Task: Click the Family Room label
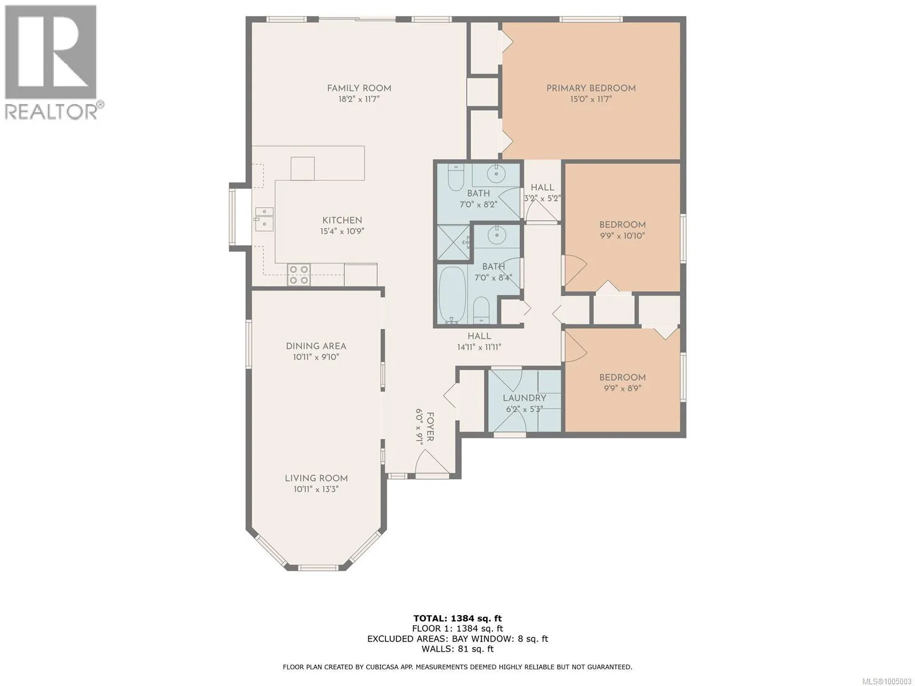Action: (359, 88)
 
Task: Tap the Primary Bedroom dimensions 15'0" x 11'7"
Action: (591, 99)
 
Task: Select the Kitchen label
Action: (342, 220)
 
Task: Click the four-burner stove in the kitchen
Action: (299, 275)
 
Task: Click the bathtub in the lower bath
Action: (453, 295)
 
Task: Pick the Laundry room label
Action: (524, 398)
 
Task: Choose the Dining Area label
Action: (316, 346)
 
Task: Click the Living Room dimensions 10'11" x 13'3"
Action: (316, 489)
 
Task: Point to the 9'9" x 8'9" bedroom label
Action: (622, 383)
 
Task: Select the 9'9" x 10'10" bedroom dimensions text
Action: (622, 236)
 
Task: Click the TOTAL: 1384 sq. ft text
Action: (457, 619)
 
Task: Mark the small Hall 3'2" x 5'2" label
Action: (542, 193)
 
